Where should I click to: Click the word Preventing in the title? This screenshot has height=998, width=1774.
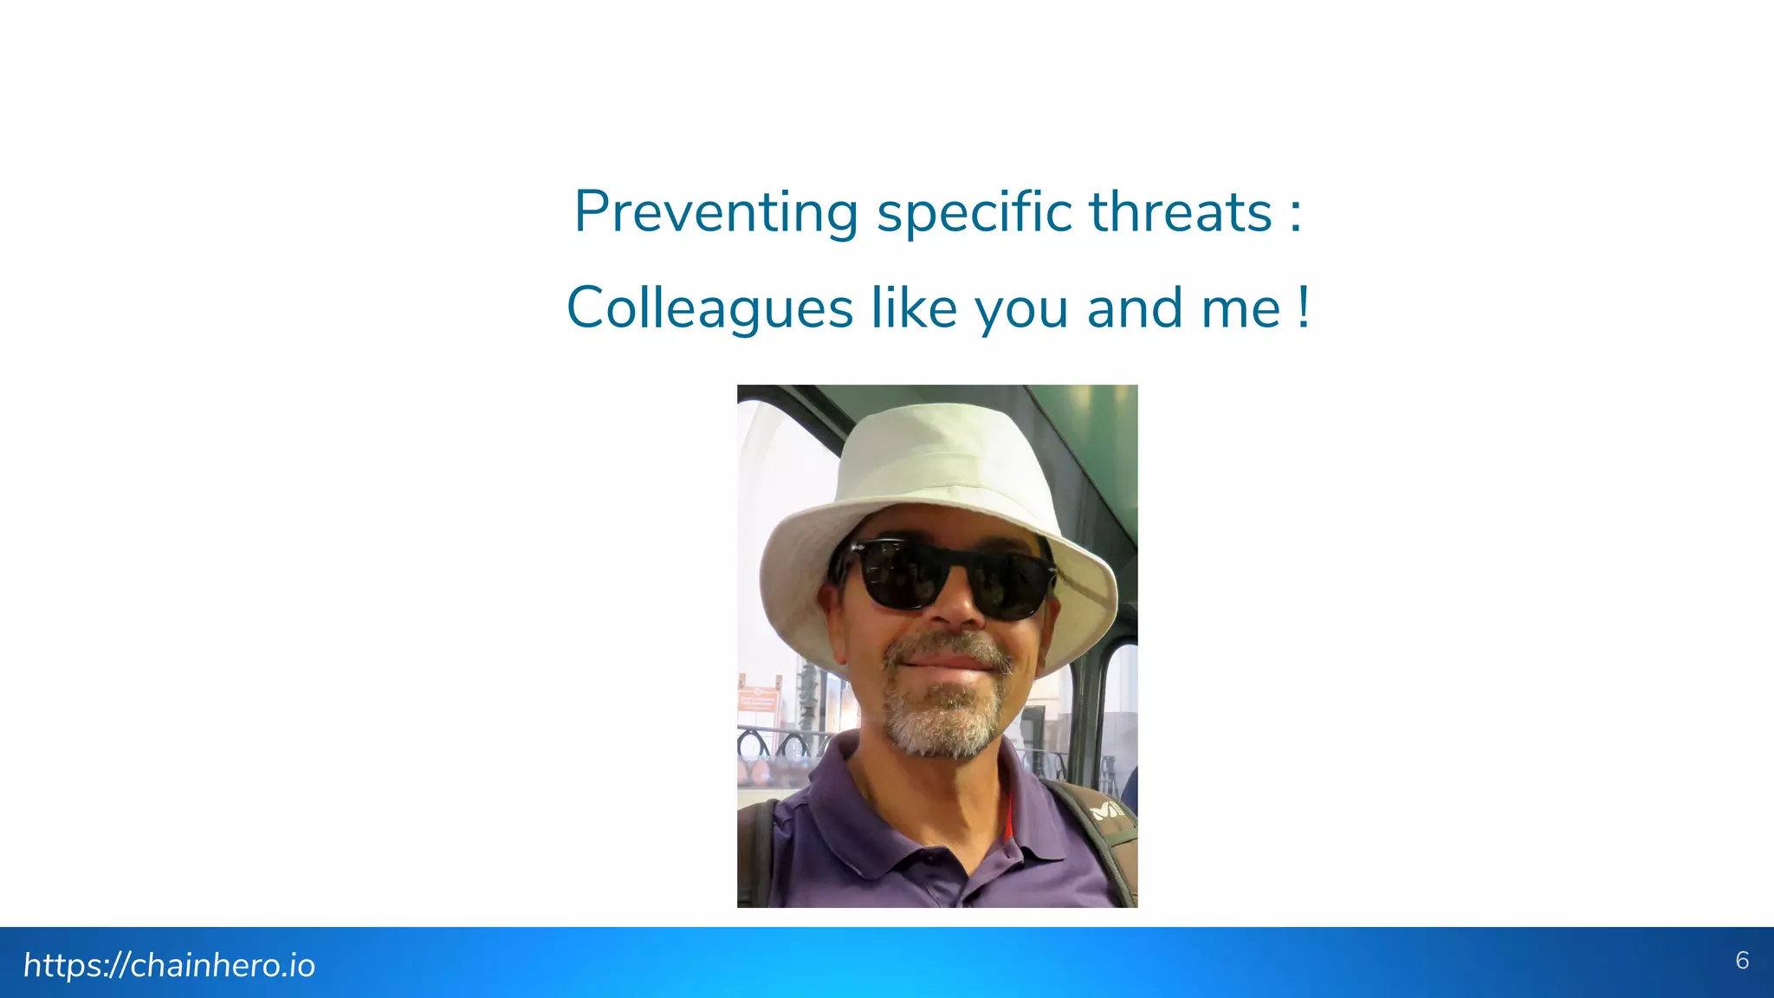(716, 213)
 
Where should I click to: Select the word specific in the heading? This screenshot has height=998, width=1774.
(974, 213)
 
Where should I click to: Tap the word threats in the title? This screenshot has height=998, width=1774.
(1181, 211)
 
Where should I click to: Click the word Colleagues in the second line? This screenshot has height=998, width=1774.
(710, 309)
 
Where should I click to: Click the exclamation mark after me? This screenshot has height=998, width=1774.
(1304, 308)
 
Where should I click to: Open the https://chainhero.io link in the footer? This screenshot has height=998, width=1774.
(169, 965)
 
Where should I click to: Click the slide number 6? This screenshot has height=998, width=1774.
(1742, 960)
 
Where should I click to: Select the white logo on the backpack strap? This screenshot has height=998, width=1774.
(1105, 809)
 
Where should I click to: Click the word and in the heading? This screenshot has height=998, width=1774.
(1135, 308)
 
